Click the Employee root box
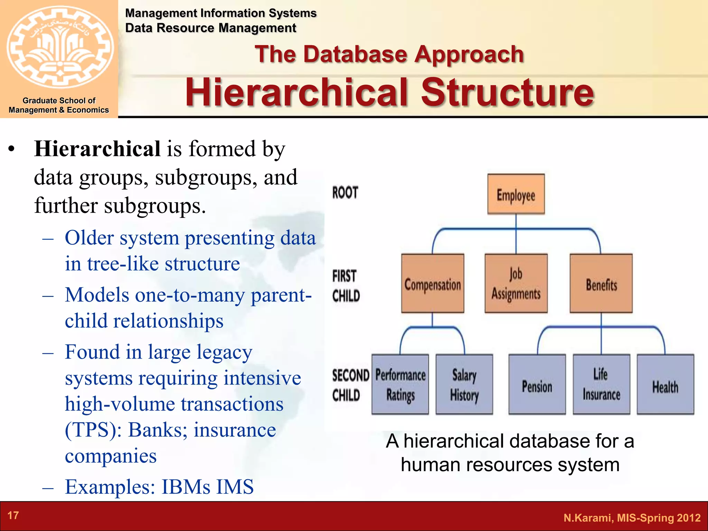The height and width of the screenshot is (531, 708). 516,194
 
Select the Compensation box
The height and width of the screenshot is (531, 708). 432,283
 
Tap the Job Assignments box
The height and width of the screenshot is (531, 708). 516,283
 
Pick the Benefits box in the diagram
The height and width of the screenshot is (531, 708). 601,283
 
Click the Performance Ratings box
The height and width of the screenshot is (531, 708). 400,384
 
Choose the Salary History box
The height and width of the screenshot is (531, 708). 464,384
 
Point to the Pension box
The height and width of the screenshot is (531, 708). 537,384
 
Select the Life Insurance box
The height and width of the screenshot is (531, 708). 601,384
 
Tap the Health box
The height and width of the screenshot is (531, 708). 665,384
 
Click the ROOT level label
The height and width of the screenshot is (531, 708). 345,193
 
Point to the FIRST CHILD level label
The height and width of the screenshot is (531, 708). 346,286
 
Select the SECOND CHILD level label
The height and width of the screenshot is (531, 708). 350,385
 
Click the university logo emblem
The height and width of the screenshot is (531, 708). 59,47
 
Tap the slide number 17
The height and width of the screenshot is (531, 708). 13,515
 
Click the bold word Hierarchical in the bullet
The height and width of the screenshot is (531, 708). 97,149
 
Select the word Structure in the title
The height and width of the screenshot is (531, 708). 507,92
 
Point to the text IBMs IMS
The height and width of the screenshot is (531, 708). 207,487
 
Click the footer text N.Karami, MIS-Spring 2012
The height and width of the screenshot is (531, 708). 632,518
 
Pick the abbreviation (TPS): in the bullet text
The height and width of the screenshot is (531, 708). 93,430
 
